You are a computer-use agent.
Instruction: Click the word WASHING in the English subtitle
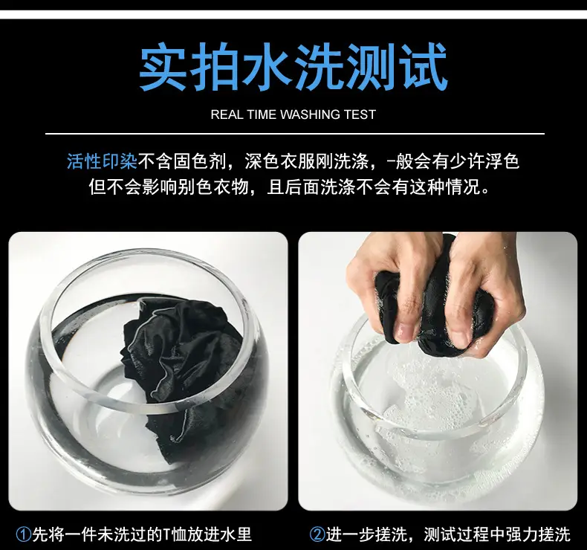point(310,114)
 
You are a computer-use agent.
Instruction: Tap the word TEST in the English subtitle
point(360,114)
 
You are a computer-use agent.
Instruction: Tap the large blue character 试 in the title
point(423,67)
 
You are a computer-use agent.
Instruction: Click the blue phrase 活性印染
point(103,162)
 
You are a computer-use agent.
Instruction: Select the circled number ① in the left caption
point(24,534)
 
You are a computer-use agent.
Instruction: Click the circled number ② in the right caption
point(317,534)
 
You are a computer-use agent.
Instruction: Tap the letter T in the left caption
point(167,534)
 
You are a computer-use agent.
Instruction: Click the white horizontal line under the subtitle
point(295,133)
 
